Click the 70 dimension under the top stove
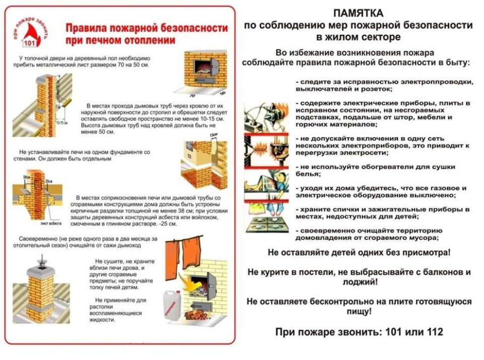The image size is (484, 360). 192,94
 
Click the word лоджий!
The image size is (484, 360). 359,282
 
